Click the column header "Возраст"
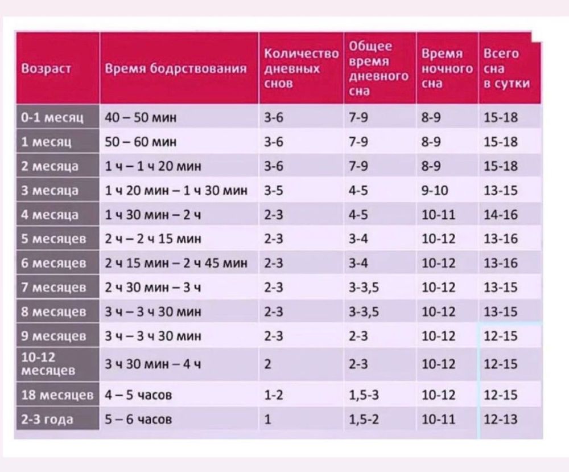46,69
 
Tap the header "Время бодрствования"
176,69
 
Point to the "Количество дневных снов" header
301,68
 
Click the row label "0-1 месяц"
52,118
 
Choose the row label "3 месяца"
50,190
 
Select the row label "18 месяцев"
56,395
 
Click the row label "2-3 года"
47,420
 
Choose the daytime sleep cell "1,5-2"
360,420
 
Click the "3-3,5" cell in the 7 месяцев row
364,288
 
